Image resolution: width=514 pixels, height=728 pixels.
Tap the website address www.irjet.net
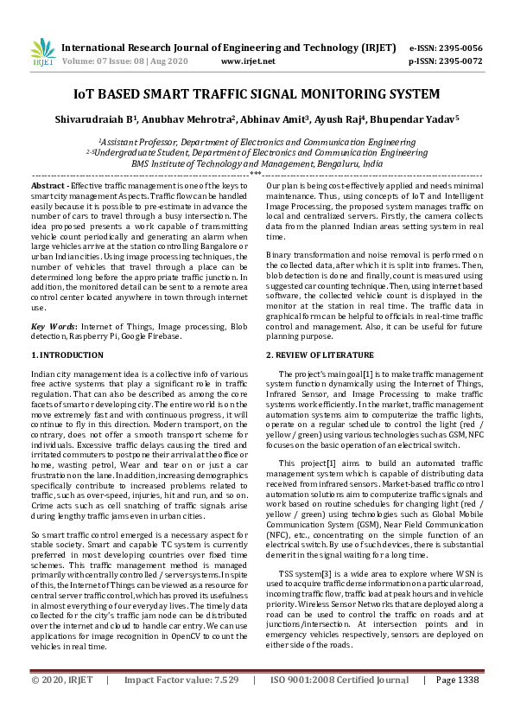tap(248, 61)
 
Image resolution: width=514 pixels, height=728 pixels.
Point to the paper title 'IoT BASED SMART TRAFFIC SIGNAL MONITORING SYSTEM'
tap(257, 93)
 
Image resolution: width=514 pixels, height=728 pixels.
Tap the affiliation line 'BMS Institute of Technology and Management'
tap(257, 163)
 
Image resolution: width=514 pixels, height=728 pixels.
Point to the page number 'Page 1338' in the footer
tap(458, 705)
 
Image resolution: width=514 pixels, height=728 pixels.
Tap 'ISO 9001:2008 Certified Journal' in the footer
tap(339, 705)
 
